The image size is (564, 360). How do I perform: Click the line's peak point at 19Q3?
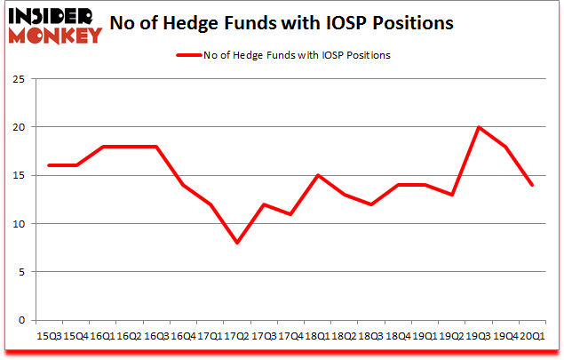click(479, 127)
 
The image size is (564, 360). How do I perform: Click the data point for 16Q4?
click(183, 185)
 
